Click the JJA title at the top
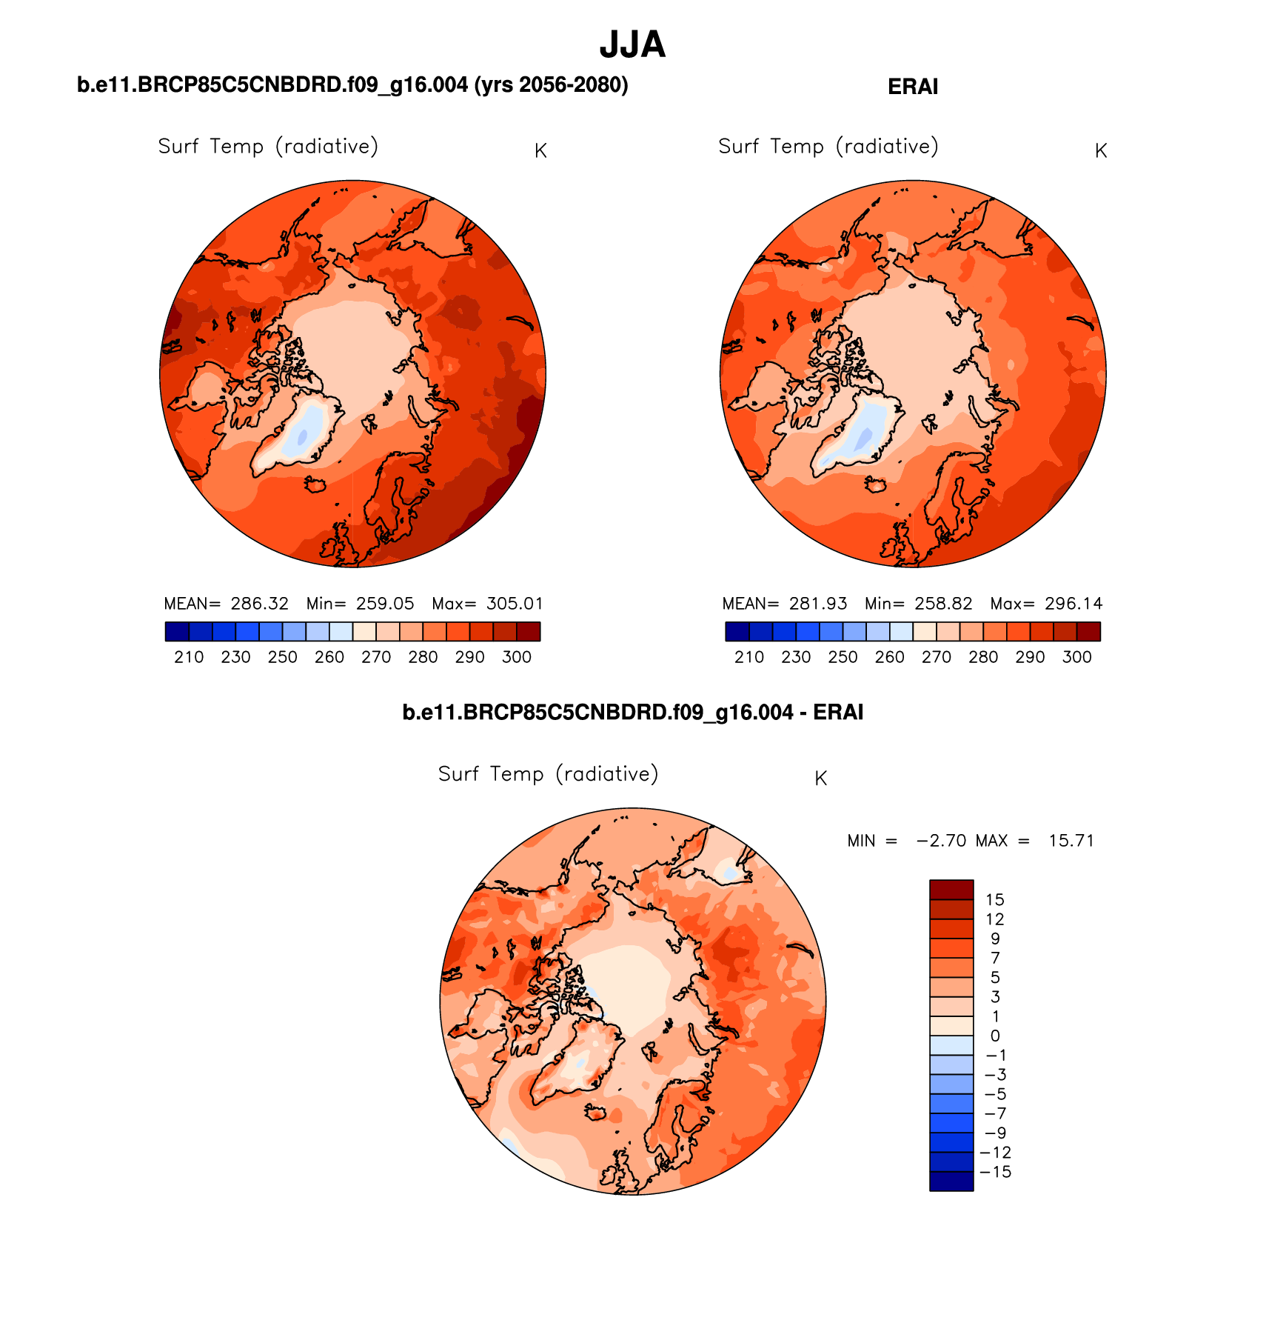pos(632,45)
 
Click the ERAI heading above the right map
pos(912,87)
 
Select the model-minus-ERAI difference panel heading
pos(632,713)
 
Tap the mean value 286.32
pos(259,604)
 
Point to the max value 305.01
pos(515,604)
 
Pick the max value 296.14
pos(1074,604)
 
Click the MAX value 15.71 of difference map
pos(1071,841)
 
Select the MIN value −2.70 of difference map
pos(941,841)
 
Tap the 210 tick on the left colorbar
pos(189,657)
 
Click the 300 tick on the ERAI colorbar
pos(1076,657)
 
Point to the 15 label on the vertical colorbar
pos(994,900)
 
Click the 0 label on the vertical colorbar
pos(994,1036)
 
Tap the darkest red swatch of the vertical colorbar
pos(951,890)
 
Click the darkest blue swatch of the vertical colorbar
pos(951,1182)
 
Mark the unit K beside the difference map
pos(820,779)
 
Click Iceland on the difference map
pos(596,1112)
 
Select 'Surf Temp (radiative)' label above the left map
pos(268,147)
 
